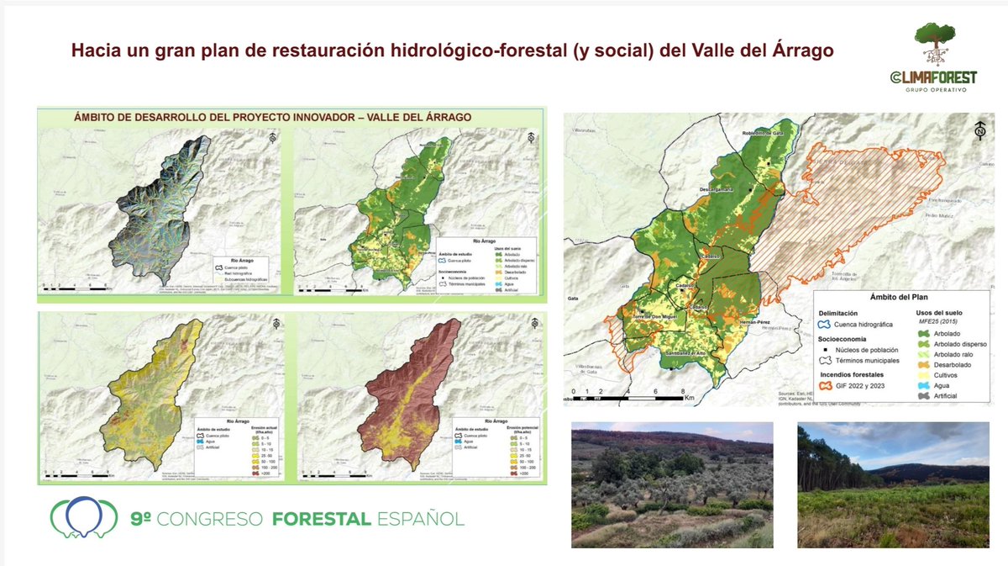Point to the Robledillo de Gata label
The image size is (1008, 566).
coord(767,133)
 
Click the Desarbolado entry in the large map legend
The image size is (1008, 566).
coord(952,365)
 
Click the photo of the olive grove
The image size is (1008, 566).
coord(672,484)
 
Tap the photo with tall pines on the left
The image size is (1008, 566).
coord(893,484)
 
